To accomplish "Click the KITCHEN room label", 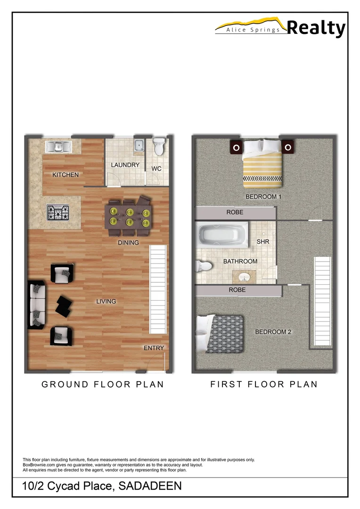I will tap(65, 175).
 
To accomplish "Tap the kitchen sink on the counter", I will tap(58, 147).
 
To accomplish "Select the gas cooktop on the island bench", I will tap(58, 213).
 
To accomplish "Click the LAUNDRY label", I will tap(125, 165).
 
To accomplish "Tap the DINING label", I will tap(128, 243).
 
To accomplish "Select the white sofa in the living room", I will tap(37, 305).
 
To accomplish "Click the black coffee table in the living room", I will tap(62, 305).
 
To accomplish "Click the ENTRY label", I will tap(154, 348).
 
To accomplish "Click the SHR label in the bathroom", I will tap(262, 242).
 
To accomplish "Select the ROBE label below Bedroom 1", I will tap(235, 213).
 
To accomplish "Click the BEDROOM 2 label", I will tap(273, 332).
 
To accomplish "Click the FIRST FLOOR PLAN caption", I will tap(264, 384).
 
